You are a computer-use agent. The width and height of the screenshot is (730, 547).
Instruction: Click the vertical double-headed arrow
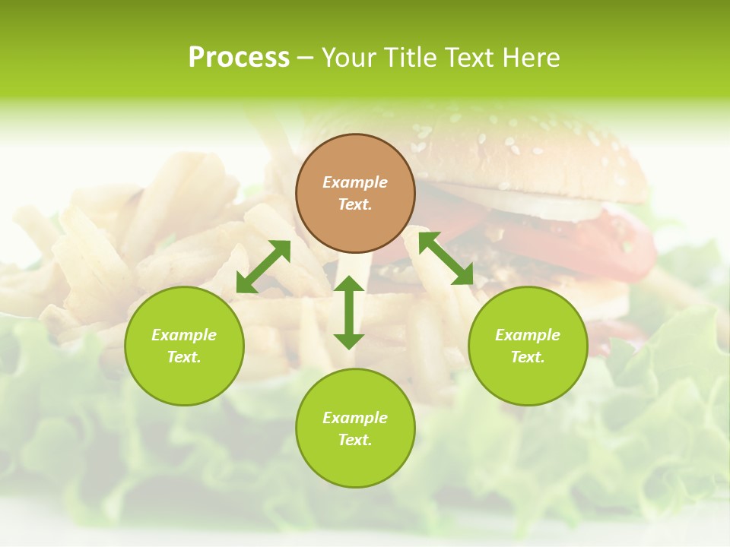349,312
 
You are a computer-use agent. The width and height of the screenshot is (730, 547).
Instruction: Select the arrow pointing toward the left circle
263,267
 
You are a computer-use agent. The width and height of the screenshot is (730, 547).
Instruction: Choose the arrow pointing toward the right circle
446,258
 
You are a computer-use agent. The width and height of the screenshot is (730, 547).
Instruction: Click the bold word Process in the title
239,58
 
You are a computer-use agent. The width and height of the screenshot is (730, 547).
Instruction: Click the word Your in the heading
349,58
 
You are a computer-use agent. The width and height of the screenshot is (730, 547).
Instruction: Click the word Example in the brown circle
355,182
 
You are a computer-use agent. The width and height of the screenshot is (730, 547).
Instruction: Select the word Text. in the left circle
184,357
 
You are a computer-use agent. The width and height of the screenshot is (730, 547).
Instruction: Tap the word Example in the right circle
528,335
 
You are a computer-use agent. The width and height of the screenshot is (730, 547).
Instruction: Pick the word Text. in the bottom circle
355,440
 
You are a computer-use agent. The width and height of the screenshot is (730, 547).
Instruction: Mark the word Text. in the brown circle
355,204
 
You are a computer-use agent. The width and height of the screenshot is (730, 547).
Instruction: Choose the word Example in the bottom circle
355,418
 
